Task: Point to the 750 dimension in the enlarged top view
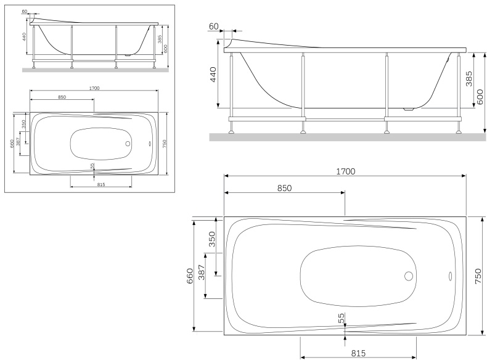pyautogui.click(x=478, y=275)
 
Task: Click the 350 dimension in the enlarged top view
pyautogui.click(x=211, y=240)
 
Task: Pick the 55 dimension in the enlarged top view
pyautogui.click(x=341, y=318)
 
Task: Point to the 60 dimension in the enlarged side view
pyautogui.click(x=215, y=27)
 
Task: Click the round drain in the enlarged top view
pyautogui.click(x=408, y=277)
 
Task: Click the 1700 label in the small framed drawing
pyautogui.click(x=94, y=88)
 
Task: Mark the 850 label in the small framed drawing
pyautogui.click(x=62, y=97)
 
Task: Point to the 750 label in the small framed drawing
pyautogui.click(x=165, y=143)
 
